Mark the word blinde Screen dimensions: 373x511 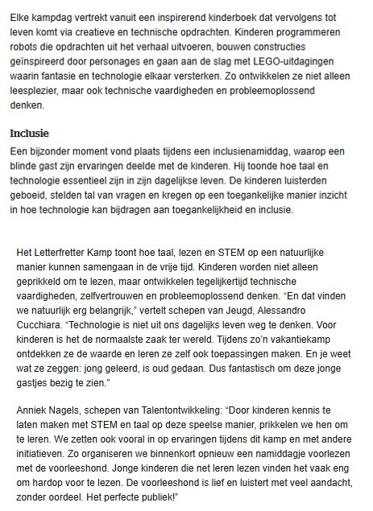25,165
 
